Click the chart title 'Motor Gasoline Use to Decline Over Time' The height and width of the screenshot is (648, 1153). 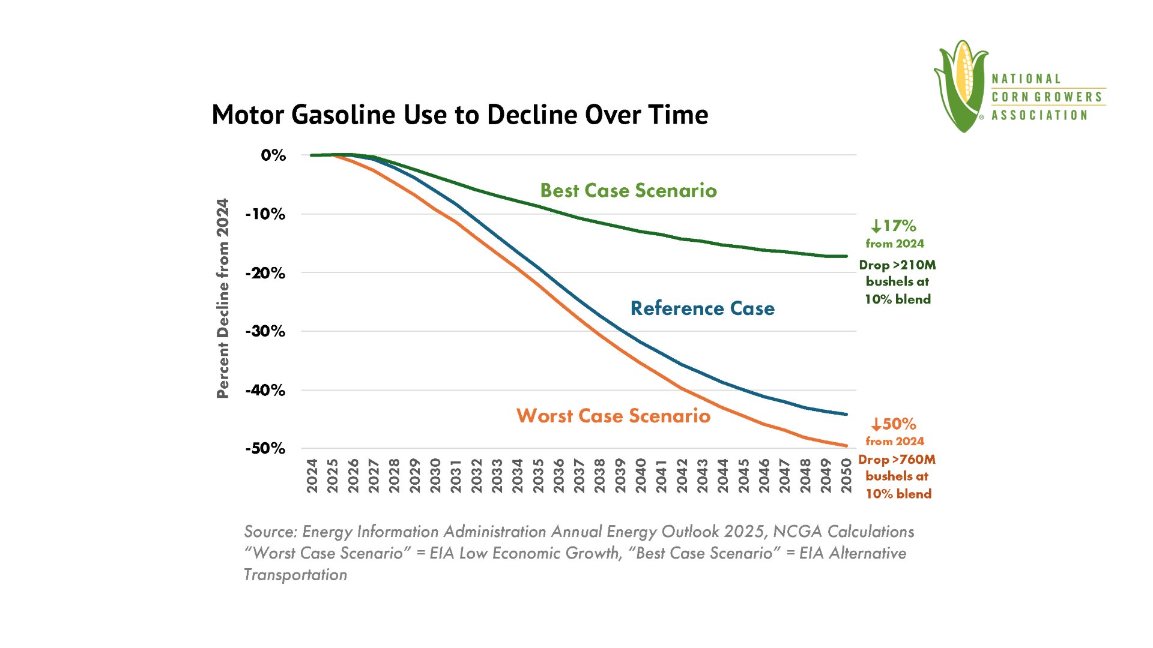[460, 115]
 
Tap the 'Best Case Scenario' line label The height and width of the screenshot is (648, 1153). [628, 191]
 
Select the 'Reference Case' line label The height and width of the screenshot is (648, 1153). [702, 308]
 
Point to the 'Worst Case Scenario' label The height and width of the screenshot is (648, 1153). [613, 416]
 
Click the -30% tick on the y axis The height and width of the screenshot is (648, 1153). [265, 331]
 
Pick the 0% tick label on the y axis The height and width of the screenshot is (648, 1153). [273, 155]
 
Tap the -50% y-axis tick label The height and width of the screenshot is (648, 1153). [265, 449]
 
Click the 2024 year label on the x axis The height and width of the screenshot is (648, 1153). [312, 476]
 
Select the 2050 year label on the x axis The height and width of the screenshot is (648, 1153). [846, 476]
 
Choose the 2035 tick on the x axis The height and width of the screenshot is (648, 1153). [538, 476]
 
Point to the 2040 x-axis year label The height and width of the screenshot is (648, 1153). [641, 476]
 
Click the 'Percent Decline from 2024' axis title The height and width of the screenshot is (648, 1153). [223, 298]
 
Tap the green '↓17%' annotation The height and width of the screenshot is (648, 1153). [894, 226]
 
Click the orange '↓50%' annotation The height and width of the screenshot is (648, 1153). [894, 424]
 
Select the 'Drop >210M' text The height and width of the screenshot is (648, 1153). [897, 265]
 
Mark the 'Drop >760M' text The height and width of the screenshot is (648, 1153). [897, 460]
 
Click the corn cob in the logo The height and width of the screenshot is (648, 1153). [965, 75]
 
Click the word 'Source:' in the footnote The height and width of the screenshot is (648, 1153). [270, 532]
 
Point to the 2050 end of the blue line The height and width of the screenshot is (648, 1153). [846, 414]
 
